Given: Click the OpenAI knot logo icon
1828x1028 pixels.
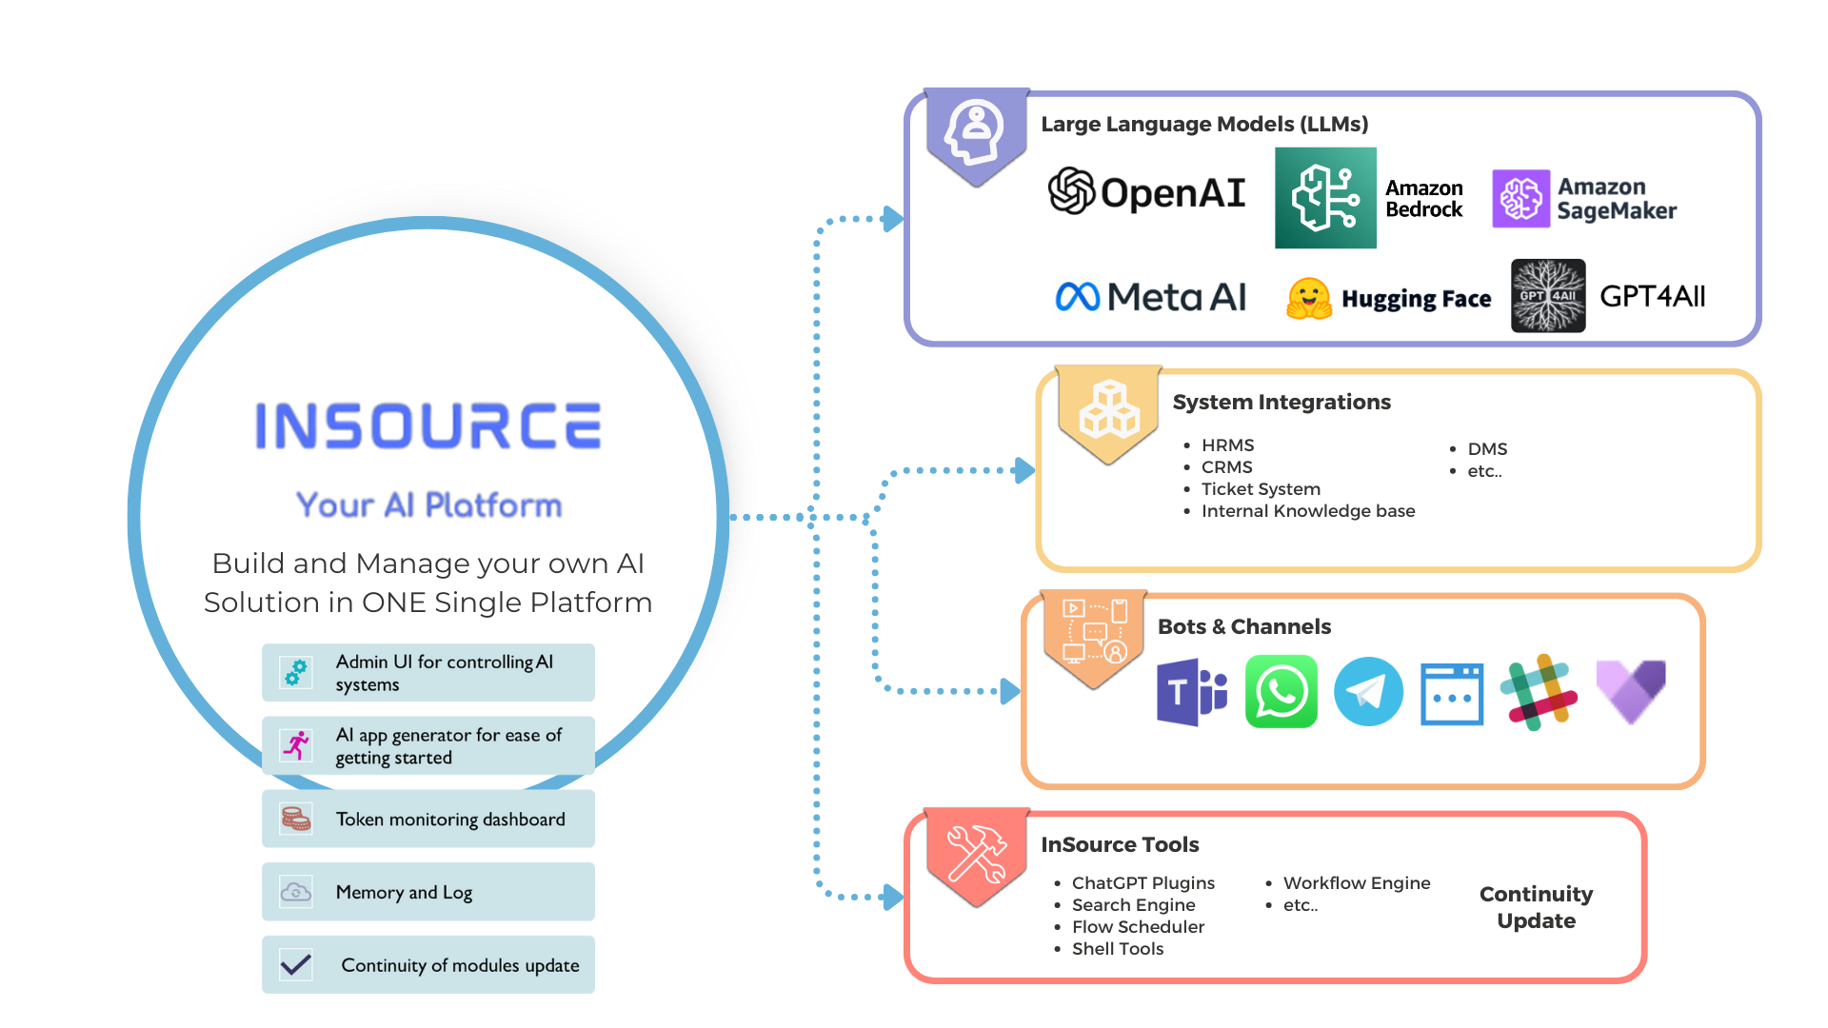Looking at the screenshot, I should [1072, 190].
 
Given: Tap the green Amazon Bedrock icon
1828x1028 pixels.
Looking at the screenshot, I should [1325, 198].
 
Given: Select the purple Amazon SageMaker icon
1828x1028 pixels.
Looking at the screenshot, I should [1520, 199].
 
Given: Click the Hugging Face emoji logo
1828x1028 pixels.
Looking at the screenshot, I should [1309, 298].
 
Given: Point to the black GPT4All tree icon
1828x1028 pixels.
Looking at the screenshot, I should [1548, 296].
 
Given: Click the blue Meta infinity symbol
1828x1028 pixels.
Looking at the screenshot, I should [1078, 297].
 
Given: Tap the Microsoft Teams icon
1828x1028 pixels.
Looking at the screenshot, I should [1191, 692].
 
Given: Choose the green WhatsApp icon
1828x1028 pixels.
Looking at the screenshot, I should [1281, 692].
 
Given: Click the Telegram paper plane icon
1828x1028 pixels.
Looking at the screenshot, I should [1368, 692].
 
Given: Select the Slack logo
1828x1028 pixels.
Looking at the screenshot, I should [1539, 692].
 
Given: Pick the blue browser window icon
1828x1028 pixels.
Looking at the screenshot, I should [1452, 694].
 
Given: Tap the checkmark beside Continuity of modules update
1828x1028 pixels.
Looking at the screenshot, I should [296, 964].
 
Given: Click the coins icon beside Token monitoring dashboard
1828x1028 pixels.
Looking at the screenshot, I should [296, 819].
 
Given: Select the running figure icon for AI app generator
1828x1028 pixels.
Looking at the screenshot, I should [297, 745].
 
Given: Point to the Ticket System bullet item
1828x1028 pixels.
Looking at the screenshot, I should [1261, 489].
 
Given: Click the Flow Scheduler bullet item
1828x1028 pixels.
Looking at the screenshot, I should [1138, 927].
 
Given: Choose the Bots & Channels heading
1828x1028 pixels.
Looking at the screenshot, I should [1244, 626].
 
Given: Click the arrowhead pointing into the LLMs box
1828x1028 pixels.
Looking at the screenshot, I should [892, 219].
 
